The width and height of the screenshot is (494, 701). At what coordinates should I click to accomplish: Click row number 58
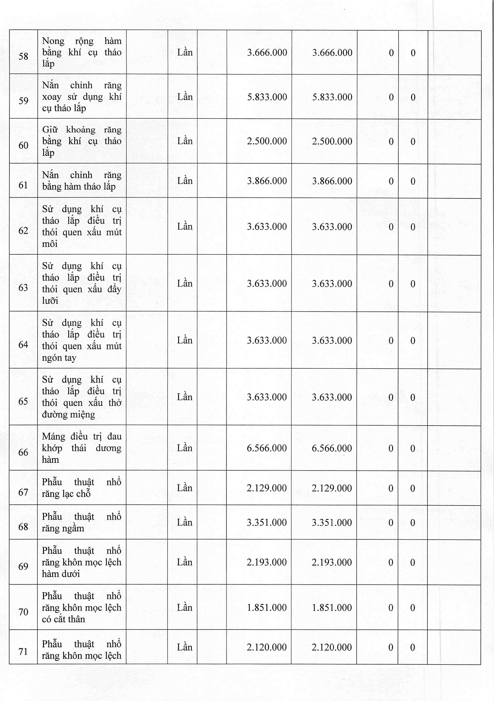click(x=23, y=56)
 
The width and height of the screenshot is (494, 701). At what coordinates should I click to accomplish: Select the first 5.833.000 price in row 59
click(x=267, y=97)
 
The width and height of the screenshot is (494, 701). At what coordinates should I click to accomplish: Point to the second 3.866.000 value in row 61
click(x=332, y=181)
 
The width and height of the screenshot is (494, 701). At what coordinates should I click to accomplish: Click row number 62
click(x=23, y=230)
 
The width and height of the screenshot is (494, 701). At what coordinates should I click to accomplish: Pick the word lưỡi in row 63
click(x=50, y=301)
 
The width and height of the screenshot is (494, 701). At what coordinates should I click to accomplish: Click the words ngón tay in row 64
click(x=59, y=358)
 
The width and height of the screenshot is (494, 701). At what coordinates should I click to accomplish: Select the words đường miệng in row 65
click(x=68, y=414)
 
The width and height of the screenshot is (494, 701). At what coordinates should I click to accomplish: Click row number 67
click(x=23, y=492)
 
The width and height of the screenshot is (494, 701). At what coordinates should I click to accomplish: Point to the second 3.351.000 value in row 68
click(x=332, y=522)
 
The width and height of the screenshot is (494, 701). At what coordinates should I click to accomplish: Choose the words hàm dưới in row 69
click(x=61, y=574)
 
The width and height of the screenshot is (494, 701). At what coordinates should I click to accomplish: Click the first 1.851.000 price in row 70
click(x=267, y=608)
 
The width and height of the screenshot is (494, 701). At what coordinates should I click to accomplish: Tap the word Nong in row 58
click(x=53, y=41)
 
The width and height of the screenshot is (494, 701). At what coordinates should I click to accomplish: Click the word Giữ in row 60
click(x=50, y=130)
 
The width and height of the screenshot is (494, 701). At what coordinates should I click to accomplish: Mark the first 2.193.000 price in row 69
click(x=267, y=562)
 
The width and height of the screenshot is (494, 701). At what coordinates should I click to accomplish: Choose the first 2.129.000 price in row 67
click(x=267, y=488)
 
